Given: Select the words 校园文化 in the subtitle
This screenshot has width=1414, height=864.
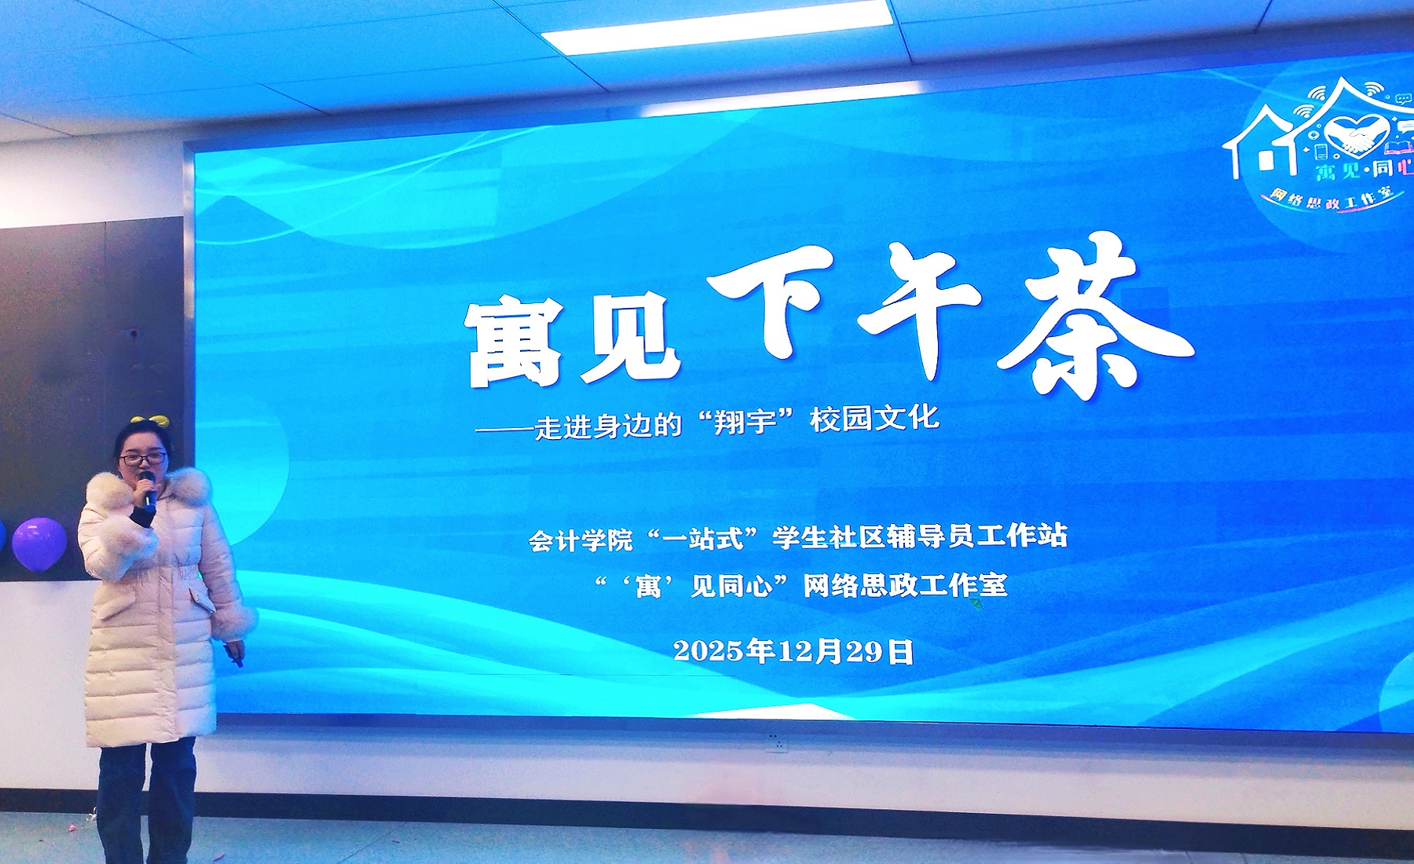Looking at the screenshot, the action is (x=874, y=418).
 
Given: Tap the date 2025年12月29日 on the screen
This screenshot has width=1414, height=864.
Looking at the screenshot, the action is (x=793, y=651).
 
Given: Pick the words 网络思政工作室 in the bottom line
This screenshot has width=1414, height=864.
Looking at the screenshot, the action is (x=905, y=585).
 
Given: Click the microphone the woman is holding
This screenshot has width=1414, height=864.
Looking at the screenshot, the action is (x=147, y=487).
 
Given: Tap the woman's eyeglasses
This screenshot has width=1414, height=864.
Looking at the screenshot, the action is (x=143, y=458).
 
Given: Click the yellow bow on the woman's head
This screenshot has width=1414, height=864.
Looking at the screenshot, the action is (x=150, y=422).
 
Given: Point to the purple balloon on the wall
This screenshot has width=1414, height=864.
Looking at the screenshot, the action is (x=39, y=544).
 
